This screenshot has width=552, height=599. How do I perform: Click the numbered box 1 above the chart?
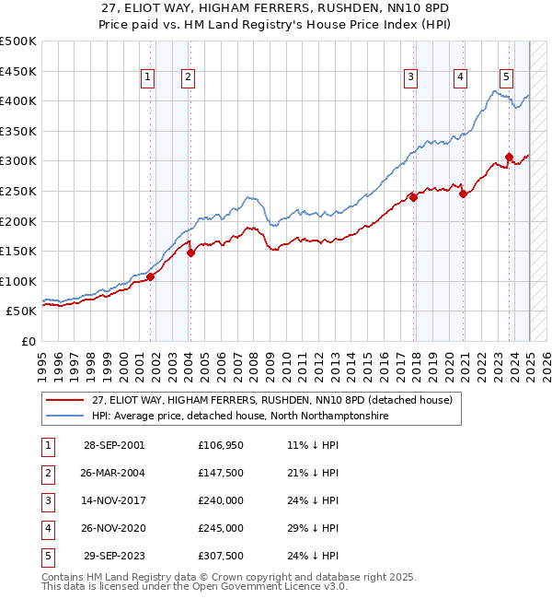click(x=147, y=78)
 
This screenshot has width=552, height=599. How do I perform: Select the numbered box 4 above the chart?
click(x=458, y=78)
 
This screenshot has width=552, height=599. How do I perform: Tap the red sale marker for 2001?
click(x=150, y=277)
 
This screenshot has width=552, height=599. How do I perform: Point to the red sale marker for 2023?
click(x=509, y=158)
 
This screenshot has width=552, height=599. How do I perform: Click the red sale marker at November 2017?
click(x=414, y=197)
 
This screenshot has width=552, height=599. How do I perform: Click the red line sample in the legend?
click(x=64, y=401)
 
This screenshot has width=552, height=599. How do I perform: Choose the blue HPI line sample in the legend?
click(x=64, y=417)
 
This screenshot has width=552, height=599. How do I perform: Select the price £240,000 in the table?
click(x=221, y=500)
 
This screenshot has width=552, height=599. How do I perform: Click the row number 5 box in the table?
click(x=46, y=556)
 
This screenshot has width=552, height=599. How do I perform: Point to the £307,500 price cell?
click(x=221, y=556)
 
